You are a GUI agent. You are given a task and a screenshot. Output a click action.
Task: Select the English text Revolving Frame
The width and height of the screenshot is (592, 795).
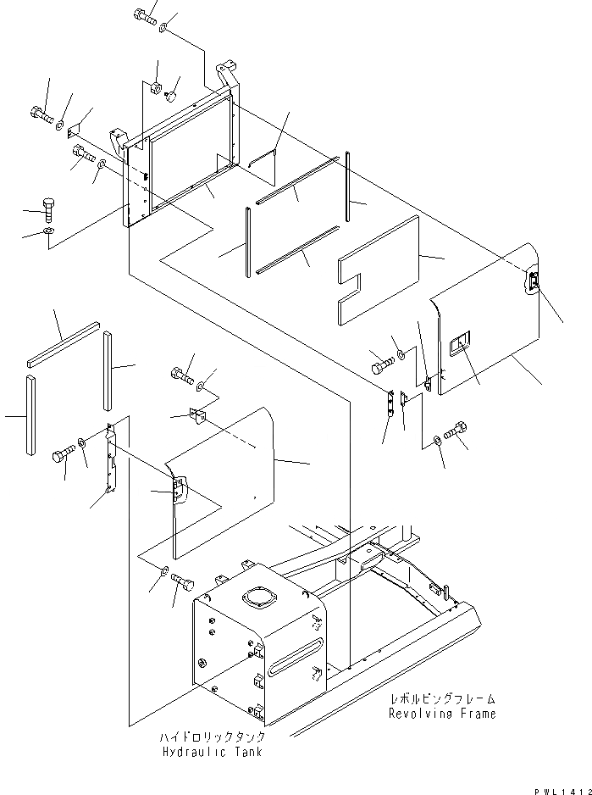point(442,714)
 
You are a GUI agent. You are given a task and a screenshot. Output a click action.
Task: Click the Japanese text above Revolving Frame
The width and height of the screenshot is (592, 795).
point(442,699)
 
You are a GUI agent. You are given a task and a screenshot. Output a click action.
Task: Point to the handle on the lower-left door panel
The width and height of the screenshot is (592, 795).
point(178,490)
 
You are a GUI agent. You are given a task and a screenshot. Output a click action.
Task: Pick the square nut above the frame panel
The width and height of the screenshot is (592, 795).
point(157,88)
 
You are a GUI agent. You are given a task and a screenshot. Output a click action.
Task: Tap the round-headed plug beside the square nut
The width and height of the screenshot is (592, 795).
point(172,95)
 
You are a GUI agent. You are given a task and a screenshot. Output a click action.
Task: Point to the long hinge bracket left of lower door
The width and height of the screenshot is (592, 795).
point(109,459)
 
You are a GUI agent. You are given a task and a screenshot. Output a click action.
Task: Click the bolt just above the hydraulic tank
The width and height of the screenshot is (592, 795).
point(183,584)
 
